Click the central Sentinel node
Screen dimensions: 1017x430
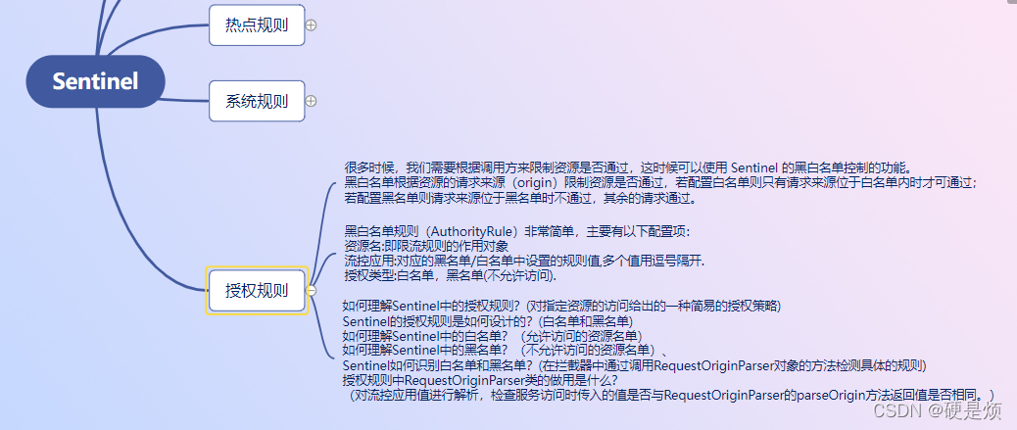[x=95, y=81]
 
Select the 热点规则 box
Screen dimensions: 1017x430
[x=257, y=25]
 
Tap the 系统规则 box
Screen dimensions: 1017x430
[x=257, y=101]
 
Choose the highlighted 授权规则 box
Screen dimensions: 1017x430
[x=257, y=290]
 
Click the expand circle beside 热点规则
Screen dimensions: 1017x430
[x=311, y=25]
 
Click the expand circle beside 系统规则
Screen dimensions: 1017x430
[x=311, y=101]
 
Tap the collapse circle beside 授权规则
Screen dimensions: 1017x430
[x=311, y=290]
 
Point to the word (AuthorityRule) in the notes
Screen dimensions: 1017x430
[x=459, y=231]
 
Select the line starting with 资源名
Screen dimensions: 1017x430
[x=425, y=246]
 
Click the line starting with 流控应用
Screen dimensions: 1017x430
[x=523, y=262]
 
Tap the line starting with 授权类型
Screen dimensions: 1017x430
[x=459, y=276]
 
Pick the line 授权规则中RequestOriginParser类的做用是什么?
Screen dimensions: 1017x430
[x=479, y=379]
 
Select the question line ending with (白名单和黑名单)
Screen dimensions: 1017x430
[x=488, y=320]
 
